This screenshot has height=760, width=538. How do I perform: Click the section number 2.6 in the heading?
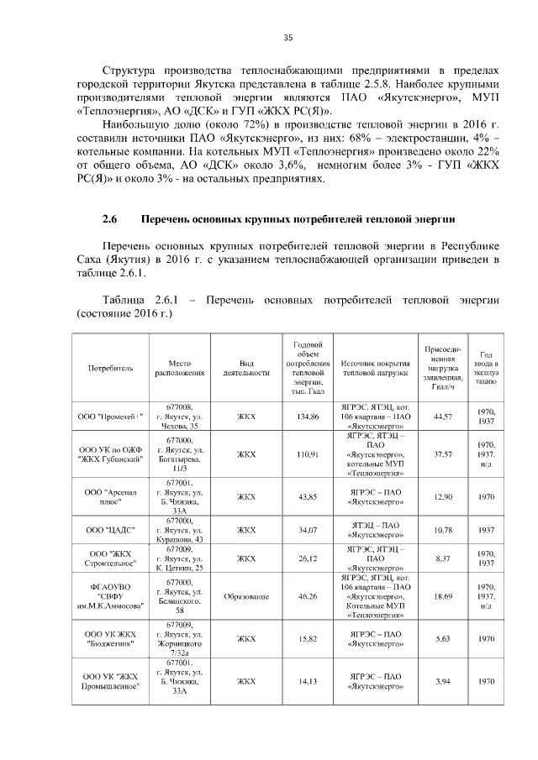[x=108, y=220]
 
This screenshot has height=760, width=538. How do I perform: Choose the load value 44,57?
[x=442, y=417]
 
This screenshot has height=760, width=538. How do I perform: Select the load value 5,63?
[x=442, y=638]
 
